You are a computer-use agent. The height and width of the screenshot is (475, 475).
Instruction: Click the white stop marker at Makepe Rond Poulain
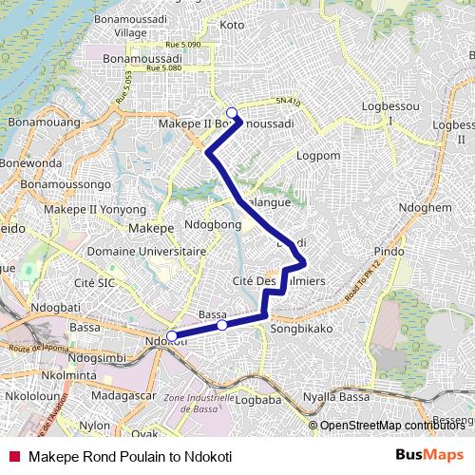[231, 113]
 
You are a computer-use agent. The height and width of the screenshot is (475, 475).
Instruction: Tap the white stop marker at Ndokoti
[172, 334]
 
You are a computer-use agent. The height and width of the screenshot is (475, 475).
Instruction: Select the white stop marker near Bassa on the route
[222, 325]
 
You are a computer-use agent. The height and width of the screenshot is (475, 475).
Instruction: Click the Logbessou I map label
[389, 114]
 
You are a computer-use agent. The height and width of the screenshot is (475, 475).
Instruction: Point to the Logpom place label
[317, 155]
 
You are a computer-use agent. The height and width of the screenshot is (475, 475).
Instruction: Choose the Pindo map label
[389, 251]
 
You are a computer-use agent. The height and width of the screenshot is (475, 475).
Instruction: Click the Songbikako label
[301, 328]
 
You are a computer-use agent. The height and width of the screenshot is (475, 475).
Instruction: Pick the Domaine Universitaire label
[146, 252]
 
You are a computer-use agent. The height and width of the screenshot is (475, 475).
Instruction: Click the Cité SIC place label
[94, 282]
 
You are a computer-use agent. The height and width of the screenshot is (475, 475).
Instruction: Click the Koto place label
[232, 24]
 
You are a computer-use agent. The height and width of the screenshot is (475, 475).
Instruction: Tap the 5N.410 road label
[287, 102]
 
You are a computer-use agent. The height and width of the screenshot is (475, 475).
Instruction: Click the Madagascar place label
[125, 394]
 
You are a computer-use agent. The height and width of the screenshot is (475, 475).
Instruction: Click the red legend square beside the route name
[14, 456]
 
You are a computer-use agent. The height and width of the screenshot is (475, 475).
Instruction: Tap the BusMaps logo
[430, 455]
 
